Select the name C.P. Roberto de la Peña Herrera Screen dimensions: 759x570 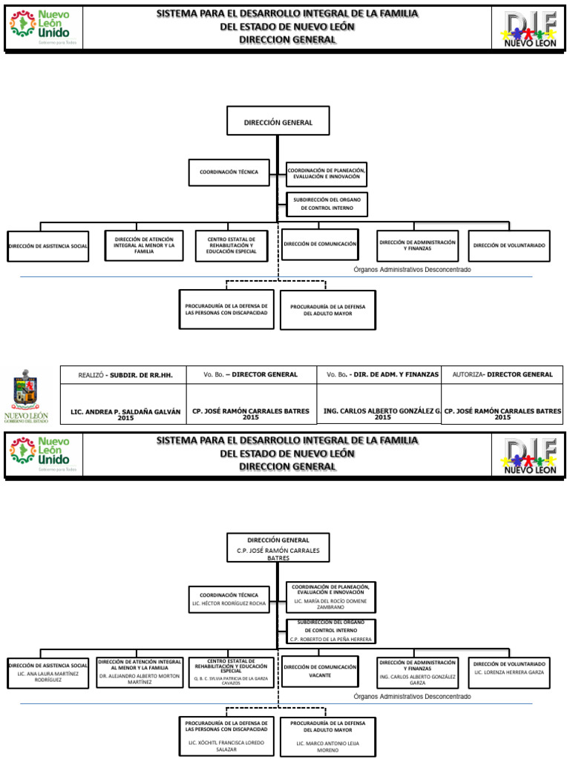[332, 639]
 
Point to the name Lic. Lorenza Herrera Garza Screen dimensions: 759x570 [509, 672]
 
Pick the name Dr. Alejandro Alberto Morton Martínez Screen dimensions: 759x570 [140, 678]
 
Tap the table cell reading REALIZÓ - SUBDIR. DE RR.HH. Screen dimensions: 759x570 [125, 375]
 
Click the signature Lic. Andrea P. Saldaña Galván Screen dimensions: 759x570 [125, 413]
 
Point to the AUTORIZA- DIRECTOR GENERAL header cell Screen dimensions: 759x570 [502, 375]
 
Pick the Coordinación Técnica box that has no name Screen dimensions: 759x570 [229, 172]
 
